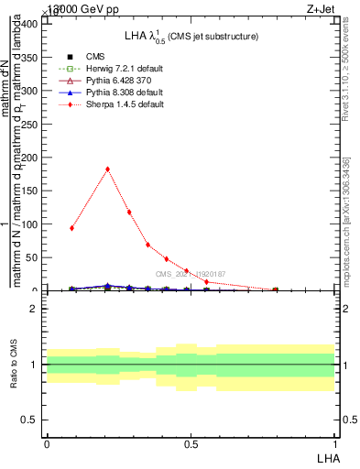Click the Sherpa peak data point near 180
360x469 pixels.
pyautogui.click(x=108, y=169)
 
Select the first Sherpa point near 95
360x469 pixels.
pyautogui.click(x=71, y=228)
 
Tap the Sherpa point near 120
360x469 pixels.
pyautogui.click(x=129, y=212)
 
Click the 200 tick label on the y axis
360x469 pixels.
pyautogui.click(x=30, y=158)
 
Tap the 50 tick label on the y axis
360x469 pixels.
pyautogui.click(x=33, y=257)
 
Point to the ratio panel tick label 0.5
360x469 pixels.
pyautogui.click(x=30, y=420)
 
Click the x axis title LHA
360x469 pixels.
pyautogui.click(x=326, y=456)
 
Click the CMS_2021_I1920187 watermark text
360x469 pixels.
pyautogui.click(x=191, y=274)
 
